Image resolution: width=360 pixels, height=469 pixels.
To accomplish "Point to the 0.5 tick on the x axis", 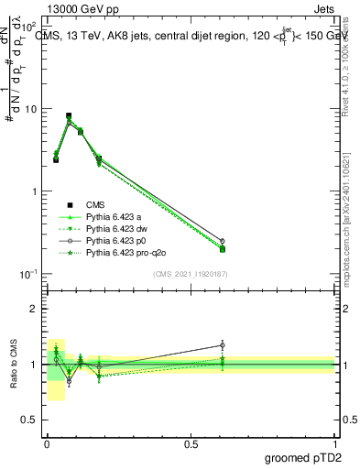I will pyautogui.click(x=191, y=442).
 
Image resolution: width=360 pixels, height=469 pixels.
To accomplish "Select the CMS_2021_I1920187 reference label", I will pyautogui.click(x=191, y=274).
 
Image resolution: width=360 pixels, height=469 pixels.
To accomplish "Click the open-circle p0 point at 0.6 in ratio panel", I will pyautogui.click(x=222, y=345).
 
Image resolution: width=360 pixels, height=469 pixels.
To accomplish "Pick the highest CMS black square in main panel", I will pyautogui.click(x=69, y=116).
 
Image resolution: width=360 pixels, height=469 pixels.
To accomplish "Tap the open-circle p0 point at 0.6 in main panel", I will pyautogui.click(x=222, y=241).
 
